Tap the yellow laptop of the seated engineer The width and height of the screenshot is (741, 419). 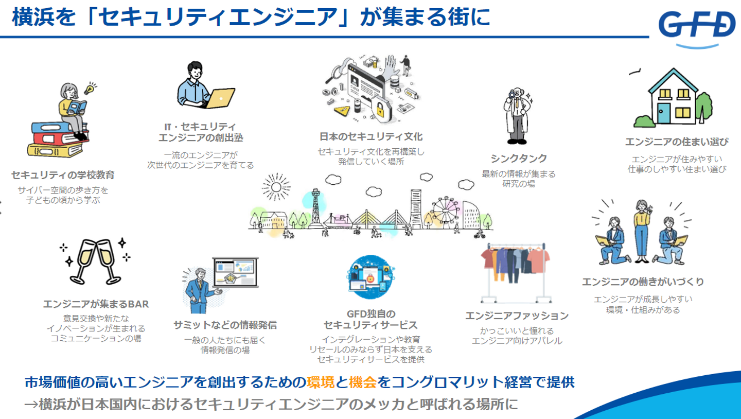pyautogui.click(x=220, y=97)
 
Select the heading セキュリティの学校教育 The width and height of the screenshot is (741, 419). pyautogui.click(x=63, y=175)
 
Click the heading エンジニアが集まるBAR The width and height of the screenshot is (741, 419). pyautogui.click(x=96, y=304)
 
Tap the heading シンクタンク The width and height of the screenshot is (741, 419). pyautogui.click(x=518, y=159)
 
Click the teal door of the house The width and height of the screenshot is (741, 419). pyautogui.click(x=664, y=113)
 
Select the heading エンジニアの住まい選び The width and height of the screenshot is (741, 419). pyautogui.click(x=677, y=142)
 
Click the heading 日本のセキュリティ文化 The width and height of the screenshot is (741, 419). pyautogui.click(x=371, y=137)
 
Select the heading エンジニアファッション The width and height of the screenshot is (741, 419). pyautogui.click(x=517, y=316)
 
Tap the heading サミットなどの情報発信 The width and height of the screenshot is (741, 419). pyautogui.click(x=225, y=325)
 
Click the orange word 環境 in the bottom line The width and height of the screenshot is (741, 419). pyautogui.click(x=320, y=382)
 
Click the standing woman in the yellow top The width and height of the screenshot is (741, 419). pyautogui.click(x=642, y=226)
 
